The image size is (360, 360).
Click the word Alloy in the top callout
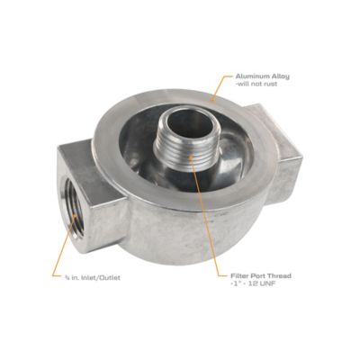click(x=283, y=78)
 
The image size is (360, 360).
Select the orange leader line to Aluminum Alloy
click(x=220, y=85)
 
